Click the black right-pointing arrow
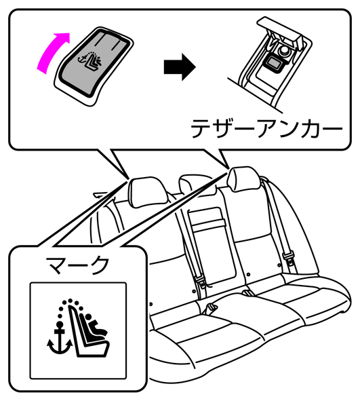click(180, 67)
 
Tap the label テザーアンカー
click(266, 128)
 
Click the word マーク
click(77, 265)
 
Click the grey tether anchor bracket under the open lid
click(275, 62)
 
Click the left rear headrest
click(147, 191)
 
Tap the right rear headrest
click(244, 178)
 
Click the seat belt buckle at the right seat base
click(247, 293)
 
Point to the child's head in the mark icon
click(89, 317)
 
